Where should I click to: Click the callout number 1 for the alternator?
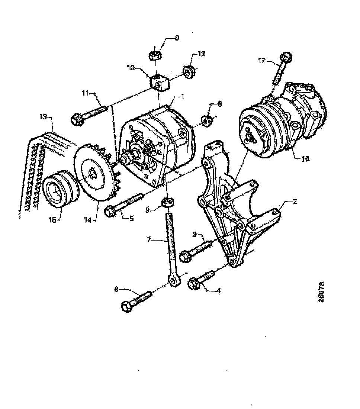(x=183, y=96)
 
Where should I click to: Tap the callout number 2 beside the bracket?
(x=294, y=202)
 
